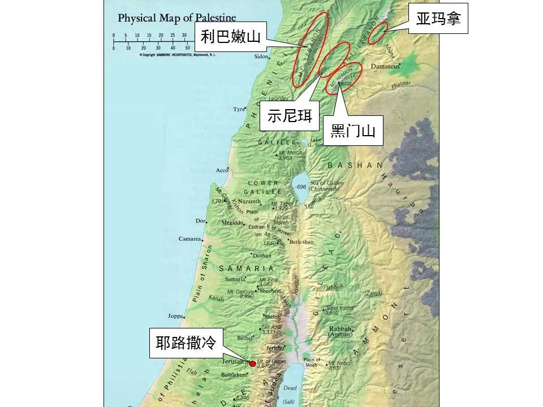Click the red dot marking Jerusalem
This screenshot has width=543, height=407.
click(x=252, y=363)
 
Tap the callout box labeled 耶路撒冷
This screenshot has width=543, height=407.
click(x=186, y=343)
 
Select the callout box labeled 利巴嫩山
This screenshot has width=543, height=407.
click(x=230, y=37)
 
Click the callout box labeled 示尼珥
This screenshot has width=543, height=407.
click(x=290, y=115)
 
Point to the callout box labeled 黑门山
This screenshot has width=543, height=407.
click(x=353, y=132)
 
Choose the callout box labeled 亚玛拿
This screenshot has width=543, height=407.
click(x=438, y=19)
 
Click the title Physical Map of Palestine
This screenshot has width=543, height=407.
click(x=177, y=18)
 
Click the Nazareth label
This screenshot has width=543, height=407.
click(x=249, y=202)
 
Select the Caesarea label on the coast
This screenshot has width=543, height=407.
click(x=190, y=239)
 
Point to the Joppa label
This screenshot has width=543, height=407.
click(x=175, y=316)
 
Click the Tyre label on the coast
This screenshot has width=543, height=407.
click(x=238, y=109)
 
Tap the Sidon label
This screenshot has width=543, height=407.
click(x=261, y=57)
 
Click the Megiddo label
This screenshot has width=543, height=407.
click(x=232, y=223)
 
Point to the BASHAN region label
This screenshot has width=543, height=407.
click(x=355, y=165)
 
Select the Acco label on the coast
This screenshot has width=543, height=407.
click(x=222, y=170)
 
